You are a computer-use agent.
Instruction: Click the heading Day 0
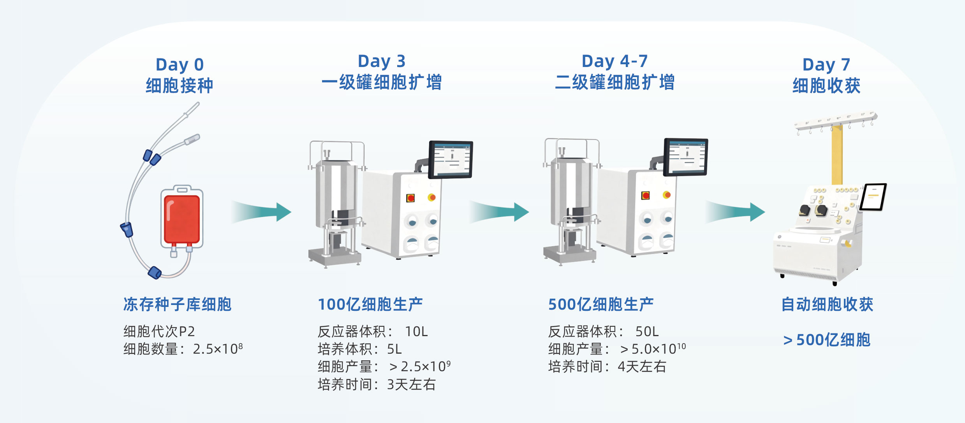pos(180,65)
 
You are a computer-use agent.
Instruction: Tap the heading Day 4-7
pos(615,62)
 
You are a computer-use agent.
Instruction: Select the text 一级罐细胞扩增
pos(381,83)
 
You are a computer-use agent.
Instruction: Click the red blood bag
pos(182,219)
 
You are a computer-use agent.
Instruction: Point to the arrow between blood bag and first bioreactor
pos(262,212)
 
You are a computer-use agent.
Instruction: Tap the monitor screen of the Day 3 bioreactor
pos(451,159)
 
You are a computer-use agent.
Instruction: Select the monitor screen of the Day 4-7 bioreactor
pos(686,157)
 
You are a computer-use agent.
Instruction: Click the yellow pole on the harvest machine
pos(837,156)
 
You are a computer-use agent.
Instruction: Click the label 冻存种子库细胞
pos(177,304)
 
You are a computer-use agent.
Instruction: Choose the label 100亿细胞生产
pos(370,304)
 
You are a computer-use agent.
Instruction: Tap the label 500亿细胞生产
pos(600,304)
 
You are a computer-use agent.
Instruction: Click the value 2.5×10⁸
pos(217,349)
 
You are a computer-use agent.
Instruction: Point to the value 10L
pos(416,331)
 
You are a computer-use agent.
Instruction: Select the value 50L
pos(646,331)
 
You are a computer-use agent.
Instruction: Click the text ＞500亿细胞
pos(826,340)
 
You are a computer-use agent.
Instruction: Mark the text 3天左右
pos(411,384)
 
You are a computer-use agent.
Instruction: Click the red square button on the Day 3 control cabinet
pos(410,198)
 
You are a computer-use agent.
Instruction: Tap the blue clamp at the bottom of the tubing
pos(155,273)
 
